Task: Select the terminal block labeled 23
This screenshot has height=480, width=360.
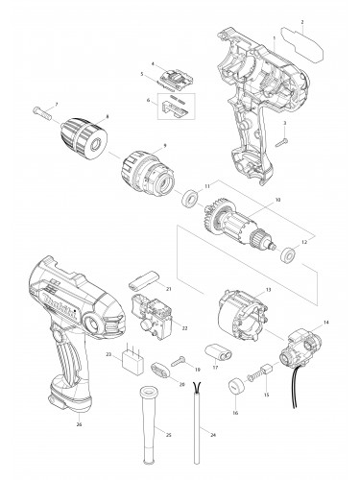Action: pos(132,365)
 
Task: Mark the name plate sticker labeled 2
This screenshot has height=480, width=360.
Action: pos(305,45)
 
